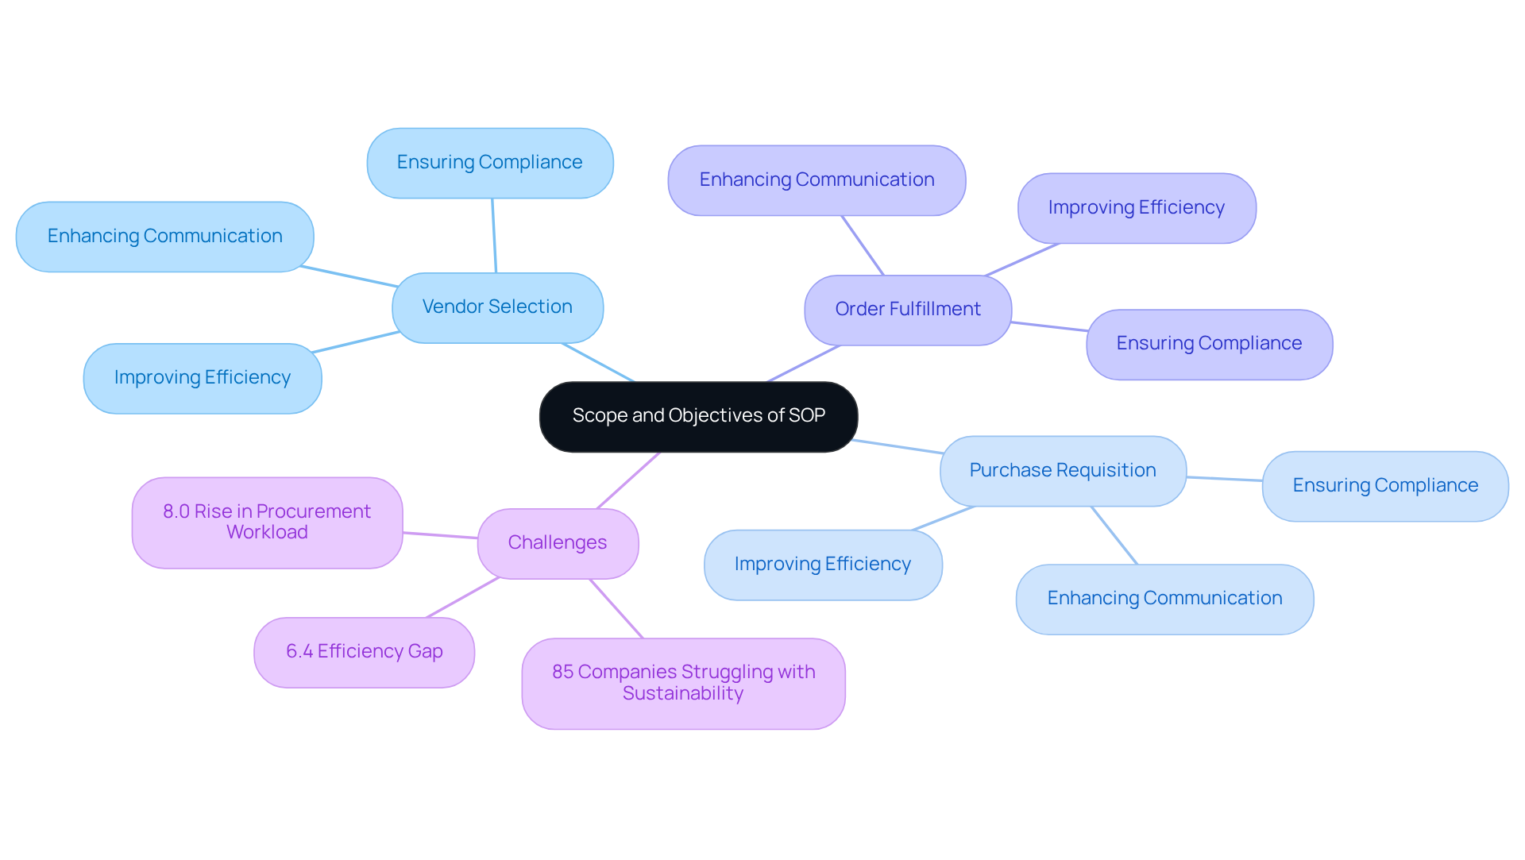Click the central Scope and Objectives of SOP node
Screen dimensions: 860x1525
698,416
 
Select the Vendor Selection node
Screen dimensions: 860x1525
497,307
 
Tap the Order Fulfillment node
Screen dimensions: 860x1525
907,310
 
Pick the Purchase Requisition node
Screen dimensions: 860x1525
1062,470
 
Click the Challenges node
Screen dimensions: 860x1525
557,543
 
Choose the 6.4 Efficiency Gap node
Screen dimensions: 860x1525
364,652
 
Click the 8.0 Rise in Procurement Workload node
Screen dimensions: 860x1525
267,523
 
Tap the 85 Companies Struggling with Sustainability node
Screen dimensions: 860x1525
683,683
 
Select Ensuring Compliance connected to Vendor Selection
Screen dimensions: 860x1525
489,163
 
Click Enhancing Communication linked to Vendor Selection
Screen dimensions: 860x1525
164,237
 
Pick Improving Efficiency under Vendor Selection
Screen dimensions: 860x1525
202,378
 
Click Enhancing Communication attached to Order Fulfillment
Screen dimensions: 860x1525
817,180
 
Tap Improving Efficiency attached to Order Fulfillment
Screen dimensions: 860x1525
1136,208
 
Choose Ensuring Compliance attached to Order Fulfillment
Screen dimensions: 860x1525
1209,344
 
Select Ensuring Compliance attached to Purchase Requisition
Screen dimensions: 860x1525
1384,486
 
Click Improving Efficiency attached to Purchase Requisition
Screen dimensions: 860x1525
822,565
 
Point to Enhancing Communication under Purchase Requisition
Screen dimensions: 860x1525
1164,599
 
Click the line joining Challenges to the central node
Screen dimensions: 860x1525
628,480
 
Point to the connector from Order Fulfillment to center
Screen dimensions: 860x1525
804,364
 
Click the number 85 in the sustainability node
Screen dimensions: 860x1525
562,672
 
